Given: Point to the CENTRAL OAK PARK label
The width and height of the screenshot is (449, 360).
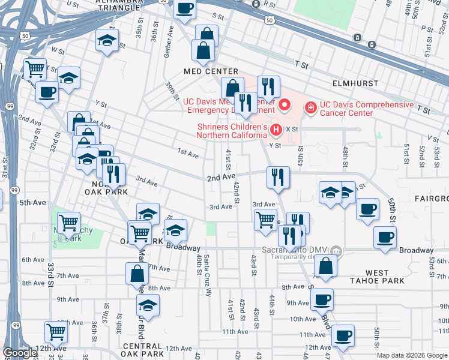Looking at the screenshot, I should point(143,350).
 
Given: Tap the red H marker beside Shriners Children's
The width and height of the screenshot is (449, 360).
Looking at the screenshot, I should point(276,128).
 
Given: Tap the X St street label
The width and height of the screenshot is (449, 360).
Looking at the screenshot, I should point(292,128).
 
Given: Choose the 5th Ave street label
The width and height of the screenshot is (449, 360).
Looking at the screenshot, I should point(33,203).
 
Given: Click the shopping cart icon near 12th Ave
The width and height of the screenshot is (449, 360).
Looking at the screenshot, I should point(56,331).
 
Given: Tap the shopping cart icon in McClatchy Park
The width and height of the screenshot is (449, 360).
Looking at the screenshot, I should point(68,221).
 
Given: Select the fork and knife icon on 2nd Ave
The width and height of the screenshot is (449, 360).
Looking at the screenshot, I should point(277,176).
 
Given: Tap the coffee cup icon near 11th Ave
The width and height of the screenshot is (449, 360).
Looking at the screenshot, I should point(343,335).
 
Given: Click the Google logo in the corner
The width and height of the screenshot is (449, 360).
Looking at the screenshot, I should point(20,353).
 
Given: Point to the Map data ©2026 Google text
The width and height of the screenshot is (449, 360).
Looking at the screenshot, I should point(411,355).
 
